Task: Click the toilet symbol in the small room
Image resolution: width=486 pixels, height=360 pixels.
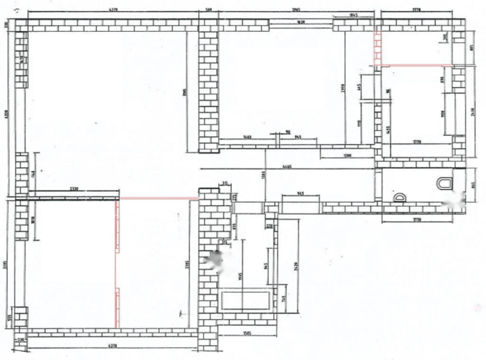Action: (445, 183)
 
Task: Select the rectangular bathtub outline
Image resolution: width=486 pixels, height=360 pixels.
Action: (246, 300)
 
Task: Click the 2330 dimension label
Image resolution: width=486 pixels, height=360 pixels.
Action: (74, 189)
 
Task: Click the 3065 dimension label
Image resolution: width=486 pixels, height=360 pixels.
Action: (297, 9)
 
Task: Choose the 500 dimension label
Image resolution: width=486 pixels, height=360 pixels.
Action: (207, 9)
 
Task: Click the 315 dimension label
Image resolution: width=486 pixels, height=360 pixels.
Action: (225, 183)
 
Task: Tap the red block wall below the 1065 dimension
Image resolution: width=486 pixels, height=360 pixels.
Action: (378, 47)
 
